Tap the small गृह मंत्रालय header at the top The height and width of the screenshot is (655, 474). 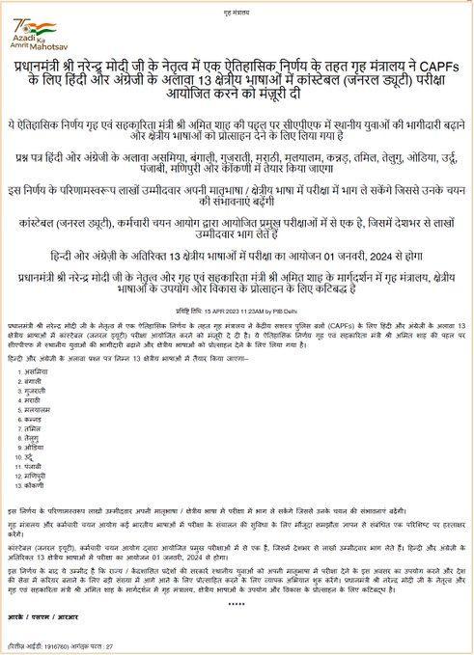(237, 11)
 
